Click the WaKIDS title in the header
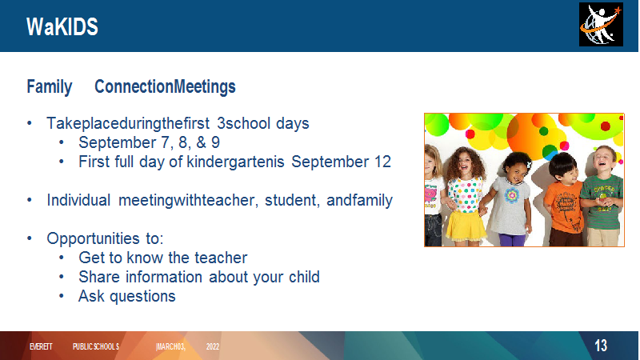click(62, 27)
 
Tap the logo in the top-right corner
click(601, 25)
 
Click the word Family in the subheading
click(50, 86)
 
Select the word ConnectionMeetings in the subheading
click(165, 86)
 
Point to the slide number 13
click(601, 346)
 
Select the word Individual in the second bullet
click(78, 200)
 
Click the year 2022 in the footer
click(213, 346)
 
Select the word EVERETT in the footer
click(41, 346)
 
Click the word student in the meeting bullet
click(292, 200)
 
